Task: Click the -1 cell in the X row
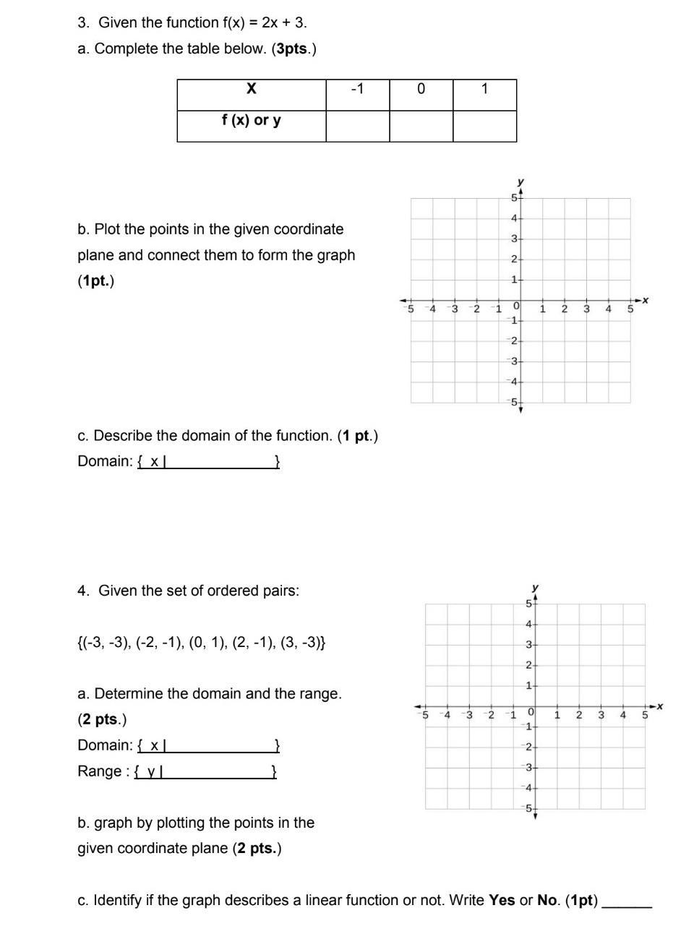point(357,89)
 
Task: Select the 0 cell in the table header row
point(421,89)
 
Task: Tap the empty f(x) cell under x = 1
point(484,126)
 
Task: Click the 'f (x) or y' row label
point(251,120)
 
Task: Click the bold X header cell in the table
point(251,89)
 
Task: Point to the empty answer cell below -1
point(357,126)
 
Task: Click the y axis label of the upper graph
point(520,181)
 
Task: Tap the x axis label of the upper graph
point(646,299)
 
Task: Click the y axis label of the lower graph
point(535,587)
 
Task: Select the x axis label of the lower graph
point(660,706)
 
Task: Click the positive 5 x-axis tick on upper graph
point(630,309)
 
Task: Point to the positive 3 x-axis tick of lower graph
point(601,715)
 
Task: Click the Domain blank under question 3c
point(220,461)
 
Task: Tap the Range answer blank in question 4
point(217,771)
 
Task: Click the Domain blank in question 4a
point(220,745)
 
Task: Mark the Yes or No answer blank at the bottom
point(627,902)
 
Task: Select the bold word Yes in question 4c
point(502,900)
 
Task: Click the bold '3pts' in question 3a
point(292,49)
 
